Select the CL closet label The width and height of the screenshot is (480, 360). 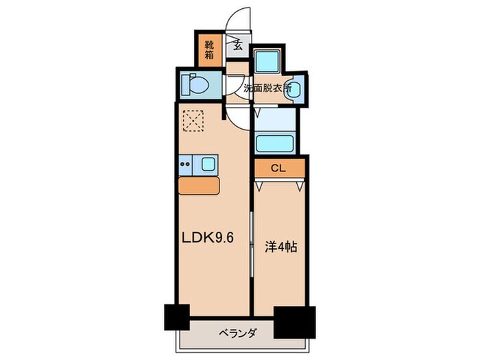pos(278,167)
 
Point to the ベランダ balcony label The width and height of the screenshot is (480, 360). pos(239,334)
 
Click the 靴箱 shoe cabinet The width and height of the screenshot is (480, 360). pos(208,49)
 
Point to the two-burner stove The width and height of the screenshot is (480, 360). pos(185,164)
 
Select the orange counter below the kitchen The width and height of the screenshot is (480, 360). pos(199,186)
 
